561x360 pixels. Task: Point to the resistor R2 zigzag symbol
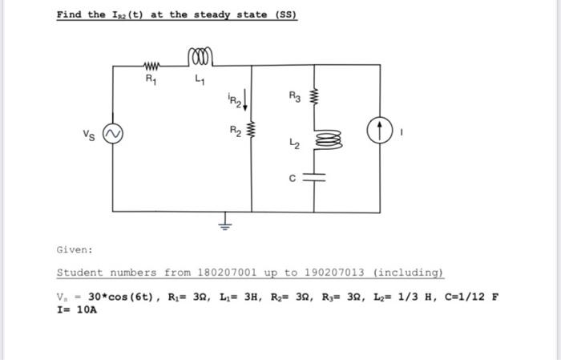point(252,130)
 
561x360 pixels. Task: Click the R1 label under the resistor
point(151,80)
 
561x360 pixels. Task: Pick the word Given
point(75,249)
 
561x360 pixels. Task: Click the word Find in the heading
point(70,15)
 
